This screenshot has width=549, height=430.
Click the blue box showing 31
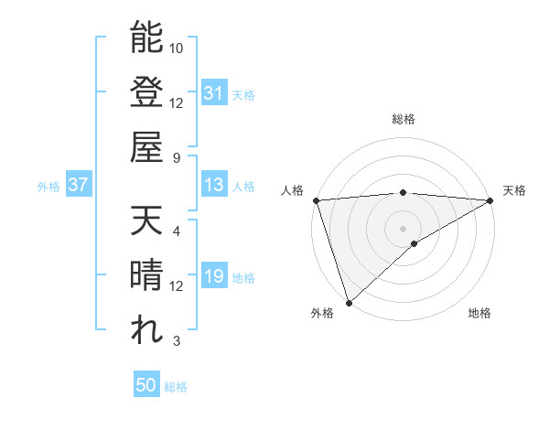pyautogui.click(x=213, y=93)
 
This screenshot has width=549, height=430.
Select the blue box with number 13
pyautogui.click(x=213, y=186)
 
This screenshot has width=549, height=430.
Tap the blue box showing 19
pyautogui.click(x=213, y=277)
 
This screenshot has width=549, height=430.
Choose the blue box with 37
pyautogui.click(x=78, y=186)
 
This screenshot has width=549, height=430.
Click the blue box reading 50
pyautogui.click(x=146, y=385)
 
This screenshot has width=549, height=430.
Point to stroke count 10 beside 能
pyautogui.click(x=177, y=48)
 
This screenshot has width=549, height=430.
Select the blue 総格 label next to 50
pyautogui.click(x=176, y=387)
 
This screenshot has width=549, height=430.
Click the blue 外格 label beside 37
pyautogui.click(x=48, y=187)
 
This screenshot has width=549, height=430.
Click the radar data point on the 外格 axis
pyautogui.click(x=349, y=302)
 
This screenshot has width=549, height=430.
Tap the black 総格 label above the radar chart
pyautogui.click(x=403, y=120)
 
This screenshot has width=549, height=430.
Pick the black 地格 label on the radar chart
pyautogui.click(x=479, y=314)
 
